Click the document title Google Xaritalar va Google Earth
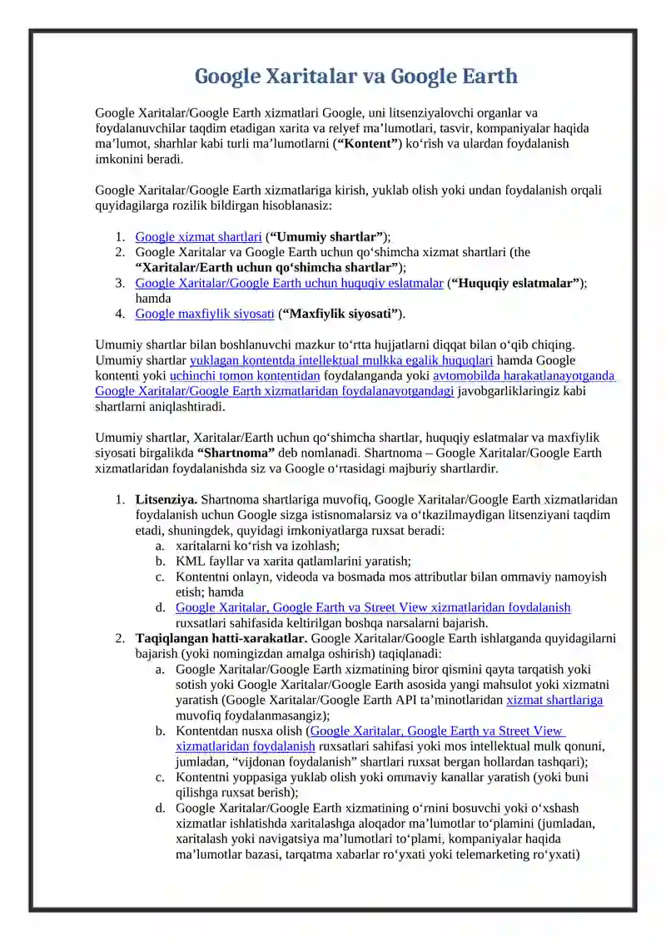click(x=356, y=77)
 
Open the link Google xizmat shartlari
click(x=198, y=236)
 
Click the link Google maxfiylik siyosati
click(x=205, y=314)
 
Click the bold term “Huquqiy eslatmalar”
click(x=515, y=283)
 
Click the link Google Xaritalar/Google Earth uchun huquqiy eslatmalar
click(x=289, y=283)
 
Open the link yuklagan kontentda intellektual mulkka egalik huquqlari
click(x=341, y=360)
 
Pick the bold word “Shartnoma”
click(x=236, y=453)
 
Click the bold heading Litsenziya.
click(x=166, y=499)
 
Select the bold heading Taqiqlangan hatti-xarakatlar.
click(x=221, y=638)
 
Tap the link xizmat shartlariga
click(x=554, y=700)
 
